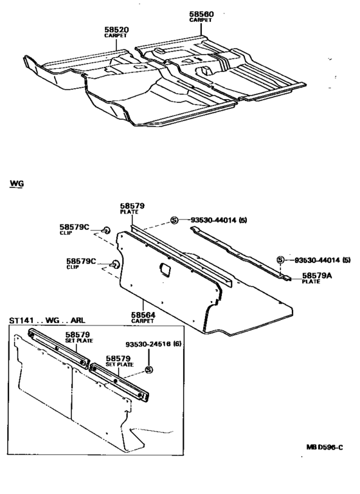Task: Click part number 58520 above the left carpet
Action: tap(116, 30)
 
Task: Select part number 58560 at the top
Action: tap(201, 14)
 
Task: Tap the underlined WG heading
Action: tap(17, 183)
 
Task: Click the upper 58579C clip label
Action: tap(75, 227)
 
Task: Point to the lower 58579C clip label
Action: tap(81, 261)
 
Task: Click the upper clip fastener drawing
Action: tap(107, 230)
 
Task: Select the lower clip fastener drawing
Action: tap(115, 264)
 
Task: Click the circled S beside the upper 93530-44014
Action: tap(174, 220)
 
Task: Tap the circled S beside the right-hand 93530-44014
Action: tap(280, 260)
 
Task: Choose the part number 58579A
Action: tap(317, 276)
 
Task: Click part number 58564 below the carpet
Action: tap(143, 315)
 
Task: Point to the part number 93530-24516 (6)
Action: tap(154, 344)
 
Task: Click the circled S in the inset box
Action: tap(149, 370)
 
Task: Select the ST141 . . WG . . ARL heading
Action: tap(47, 320)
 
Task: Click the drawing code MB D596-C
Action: tap(325, 447)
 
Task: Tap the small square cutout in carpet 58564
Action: tap(165, 268)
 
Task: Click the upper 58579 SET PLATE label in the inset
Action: tap(78, 337)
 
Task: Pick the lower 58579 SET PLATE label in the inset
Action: tap(119, 361)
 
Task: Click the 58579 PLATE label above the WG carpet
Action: tap(132, 208)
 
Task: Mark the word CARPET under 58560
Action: tap(201, 20)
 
